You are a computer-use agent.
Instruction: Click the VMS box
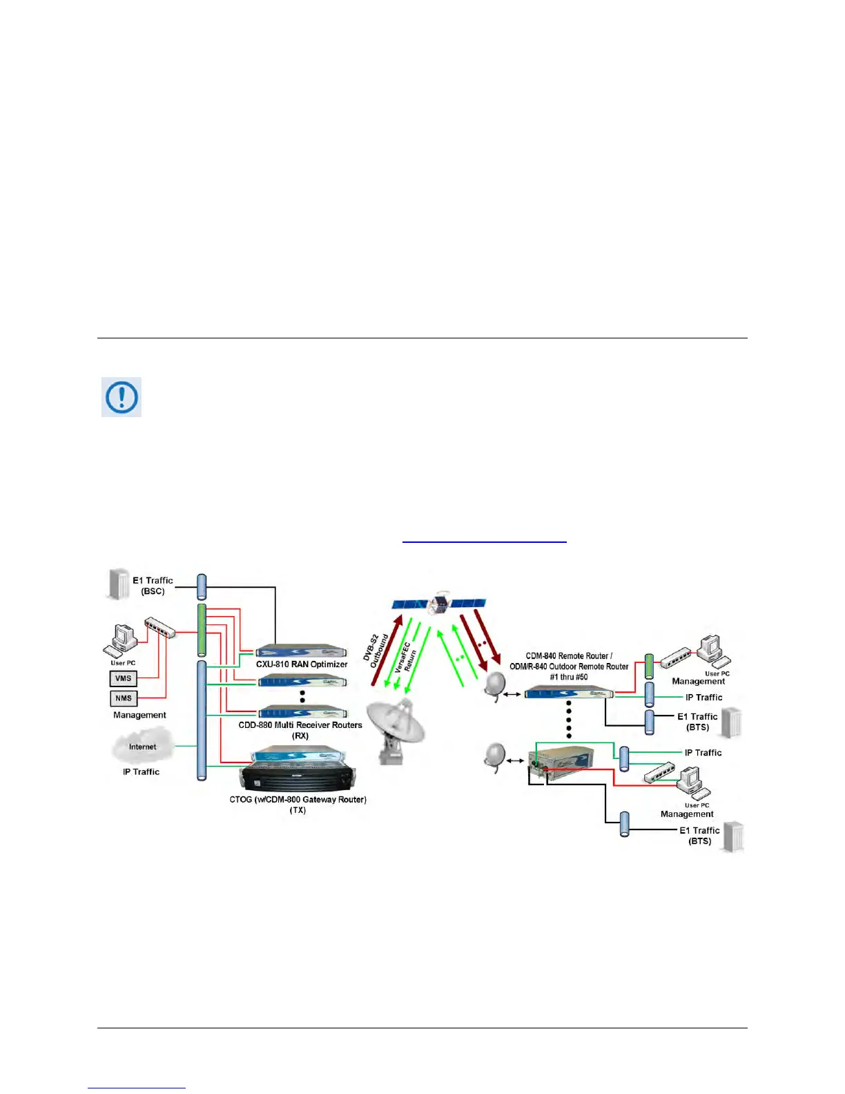[x=124, y=678]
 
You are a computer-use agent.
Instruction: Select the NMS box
[x=124, y=698]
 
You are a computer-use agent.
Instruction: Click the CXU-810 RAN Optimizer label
[x=302, y=664]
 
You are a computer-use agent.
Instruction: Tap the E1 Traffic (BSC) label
[x=153, y=586]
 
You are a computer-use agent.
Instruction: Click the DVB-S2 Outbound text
[x=375, y=651]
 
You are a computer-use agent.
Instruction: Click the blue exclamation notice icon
[x=122, y=397]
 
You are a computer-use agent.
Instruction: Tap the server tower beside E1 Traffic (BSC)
[x=119, y=584]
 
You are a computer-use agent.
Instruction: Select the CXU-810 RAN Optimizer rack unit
[x=302, y=651]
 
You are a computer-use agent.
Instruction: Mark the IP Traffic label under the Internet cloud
[x=141, y=771]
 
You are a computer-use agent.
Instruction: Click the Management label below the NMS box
[x=139, y=715]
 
